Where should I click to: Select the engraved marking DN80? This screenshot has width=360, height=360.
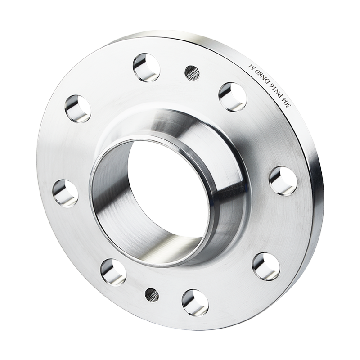pos(266,73)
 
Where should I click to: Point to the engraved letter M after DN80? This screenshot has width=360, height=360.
pos(252,65)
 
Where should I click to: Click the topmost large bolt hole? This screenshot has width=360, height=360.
pos(146,67)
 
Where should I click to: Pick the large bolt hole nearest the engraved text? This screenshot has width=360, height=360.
pos(232,97)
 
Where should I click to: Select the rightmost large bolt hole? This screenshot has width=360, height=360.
pos(283,181)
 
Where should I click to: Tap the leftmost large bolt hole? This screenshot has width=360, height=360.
pos(65,193)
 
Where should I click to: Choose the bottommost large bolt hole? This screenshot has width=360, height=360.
pos(195,303)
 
